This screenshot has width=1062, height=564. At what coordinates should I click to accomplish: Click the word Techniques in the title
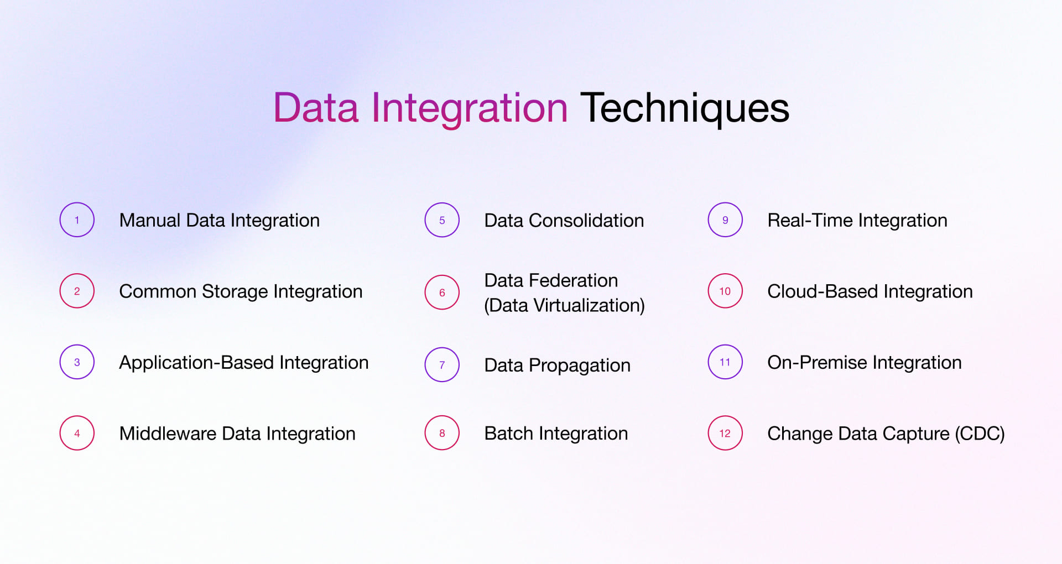[x=684, y=108]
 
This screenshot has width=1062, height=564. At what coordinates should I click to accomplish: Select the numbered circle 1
[x=77, y=220]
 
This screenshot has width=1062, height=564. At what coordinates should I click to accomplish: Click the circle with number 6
[x=442, y=293]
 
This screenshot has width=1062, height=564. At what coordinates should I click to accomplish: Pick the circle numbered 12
[x=725, y=433]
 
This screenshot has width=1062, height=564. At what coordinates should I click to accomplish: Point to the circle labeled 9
[x=725, y=220]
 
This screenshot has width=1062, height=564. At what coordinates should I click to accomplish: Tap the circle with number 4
[x=77, y=433]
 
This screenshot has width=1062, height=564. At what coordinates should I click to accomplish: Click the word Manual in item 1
[x=150, y=220]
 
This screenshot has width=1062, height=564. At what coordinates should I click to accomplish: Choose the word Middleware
[x=168, y=434]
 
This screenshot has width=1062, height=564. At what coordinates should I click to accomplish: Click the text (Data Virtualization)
[x=564, y=305]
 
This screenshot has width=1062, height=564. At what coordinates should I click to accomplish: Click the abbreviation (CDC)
[x=980, y=434]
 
